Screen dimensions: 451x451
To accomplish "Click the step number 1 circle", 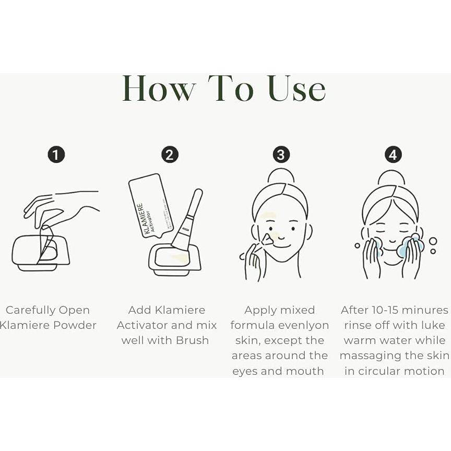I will click(x=56, y=155).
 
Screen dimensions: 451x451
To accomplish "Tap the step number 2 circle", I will click(x=170, y=155).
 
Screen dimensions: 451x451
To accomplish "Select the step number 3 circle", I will click(x=281, y=155).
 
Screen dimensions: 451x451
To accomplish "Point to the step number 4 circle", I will click(x=394, y=155).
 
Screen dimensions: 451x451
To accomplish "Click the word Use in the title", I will click(x=296, y=89).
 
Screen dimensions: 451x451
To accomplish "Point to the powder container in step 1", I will click(x=41, y=253).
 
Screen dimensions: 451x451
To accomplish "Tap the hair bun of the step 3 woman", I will click(x=281, y=175).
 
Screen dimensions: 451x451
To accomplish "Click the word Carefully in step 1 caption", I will click(x=33, y=310).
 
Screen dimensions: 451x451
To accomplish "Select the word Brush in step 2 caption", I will click(x=193, y=340).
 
